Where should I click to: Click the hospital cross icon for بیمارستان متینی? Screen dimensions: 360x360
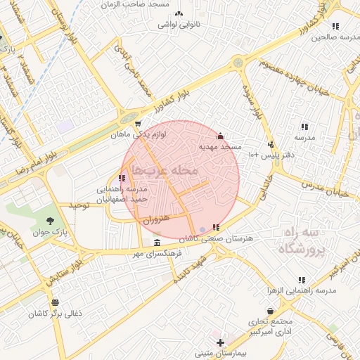click(220, 342)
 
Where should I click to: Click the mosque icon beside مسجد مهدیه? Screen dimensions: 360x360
click(220, 136)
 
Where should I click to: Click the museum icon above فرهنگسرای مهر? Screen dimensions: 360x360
click(156, 243)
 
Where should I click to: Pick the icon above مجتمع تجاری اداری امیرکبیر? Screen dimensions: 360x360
click(270, 311)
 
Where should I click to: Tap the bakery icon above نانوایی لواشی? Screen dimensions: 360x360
click(179, 13)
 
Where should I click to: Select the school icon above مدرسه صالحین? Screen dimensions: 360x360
click(335, 26)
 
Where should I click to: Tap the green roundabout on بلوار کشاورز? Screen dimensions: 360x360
click(239, 63)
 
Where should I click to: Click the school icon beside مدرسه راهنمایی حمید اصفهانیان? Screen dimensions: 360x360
click(122, 178)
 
